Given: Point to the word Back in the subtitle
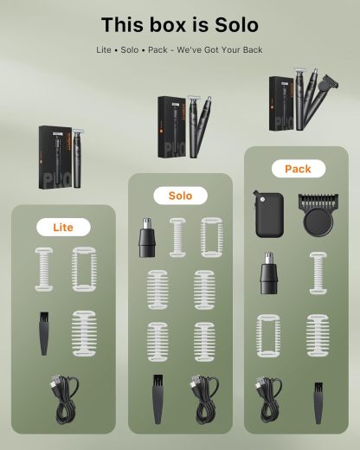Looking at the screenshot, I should point(249,49).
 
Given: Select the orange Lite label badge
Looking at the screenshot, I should point(63,228).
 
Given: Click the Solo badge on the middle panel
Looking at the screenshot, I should point(180,196).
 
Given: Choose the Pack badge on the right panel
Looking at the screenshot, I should point(297,169).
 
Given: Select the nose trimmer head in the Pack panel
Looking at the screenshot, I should point(269,274).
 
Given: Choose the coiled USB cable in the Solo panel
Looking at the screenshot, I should point(204,401).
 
